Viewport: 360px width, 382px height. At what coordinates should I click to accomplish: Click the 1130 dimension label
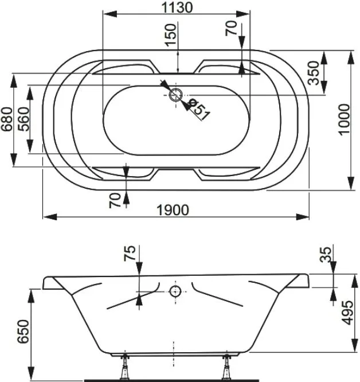177,7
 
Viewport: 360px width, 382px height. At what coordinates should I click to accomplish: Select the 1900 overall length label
173,210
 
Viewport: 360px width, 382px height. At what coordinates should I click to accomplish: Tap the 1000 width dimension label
344,120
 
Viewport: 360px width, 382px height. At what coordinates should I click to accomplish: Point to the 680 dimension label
6,119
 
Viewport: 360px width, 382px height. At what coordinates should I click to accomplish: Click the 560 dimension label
24,119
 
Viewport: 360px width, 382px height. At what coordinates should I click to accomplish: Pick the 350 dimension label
313,73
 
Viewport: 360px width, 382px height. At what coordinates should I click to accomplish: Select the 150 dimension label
170,34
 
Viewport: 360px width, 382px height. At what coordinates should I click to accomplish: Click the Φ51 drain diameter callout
199,109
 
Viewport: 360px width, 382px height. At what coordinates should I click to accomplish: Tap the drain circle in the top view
175,95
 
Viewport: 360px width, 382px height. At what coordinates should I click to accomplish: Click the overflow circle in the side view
175,291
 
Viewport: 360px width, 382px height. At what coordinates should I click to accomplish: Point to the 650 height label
23,332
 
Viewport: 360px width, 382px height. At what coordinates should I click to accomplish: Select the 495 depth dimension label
347,313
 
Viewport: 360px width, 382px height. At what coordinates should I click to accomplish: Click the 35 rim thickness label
326,255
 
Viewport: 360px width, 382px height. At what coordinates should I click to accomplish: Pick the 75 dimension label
130,254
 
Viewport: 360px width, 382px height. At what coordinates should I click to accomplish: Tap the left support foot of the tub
125,367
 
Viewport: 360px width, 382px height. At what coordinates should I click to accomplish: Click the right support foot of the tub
226,367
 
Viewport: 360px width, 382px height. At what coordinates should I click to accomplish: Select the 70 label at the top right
231,28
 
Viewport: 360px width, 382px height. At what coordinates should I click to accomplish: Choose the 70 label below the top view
115,201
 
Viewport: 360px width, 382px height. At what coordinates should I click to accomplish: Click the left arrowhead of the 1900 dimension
50,217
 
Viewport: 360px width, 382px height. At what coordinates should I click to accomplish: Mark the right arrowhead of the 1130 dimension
243,14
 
